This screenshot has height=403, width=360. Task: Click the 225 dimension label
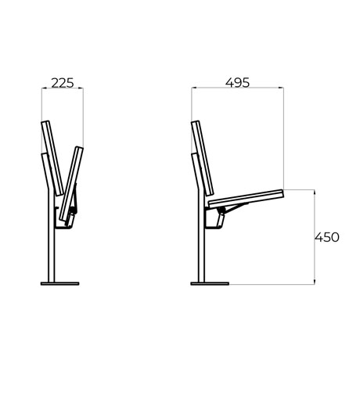point(63,83)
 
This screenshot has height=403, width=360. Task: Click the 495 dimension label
point(237,82)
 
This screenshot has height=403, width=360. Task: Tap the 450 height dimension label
point(327,237)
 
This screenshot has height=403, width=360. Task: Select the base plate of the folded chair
point(59,283)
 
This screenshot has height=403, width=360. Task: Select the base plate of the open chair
point(210,283)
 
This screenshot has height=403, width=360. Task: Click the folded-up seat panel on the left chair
point(71,184)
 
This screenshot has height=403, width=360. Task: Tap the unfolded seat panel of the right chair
point(246,199)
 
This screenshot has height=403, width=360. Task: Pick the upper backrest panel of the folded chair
point(52,158)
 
